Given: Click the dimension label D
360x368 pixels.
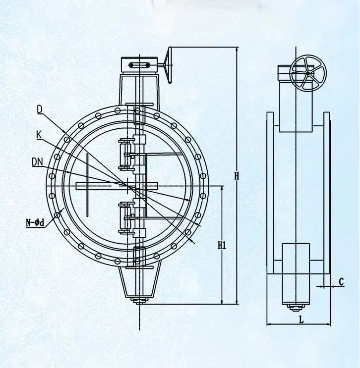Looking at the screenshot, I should tap(40, 109).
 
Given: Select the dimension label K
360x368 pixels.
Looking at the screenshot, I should tap(39, 134).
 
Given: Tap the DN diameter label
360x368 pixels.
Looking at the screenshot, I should tap(37, 161).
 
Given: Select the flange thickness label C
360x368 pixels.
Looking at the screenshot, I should tap(341, 281).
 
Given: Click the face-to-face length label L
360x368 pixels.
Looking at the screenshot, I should tap(300, 320).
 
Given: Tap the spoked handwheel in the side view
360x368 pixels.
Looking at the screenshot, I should tap(308, 73).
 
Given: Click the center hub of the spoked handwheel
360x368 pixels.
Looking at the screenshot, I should tap(308, 73).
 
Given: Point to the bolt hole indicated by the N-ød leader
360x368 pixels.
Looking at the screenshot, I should tap(58, 214).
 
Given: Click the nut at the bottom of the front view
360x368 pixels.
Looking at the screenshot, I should tap(140, 299).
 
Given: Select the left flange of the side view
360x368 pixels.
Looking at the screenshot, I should tap(270, 193).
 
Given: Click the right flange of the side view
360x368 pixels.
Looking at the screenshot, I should tap(327, 193).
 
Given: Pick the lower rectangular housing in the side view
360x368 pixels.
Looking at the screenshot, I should tap(296, 273).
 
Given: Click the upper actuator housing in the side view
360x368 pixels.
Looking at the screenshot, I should tap(296, 106).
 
